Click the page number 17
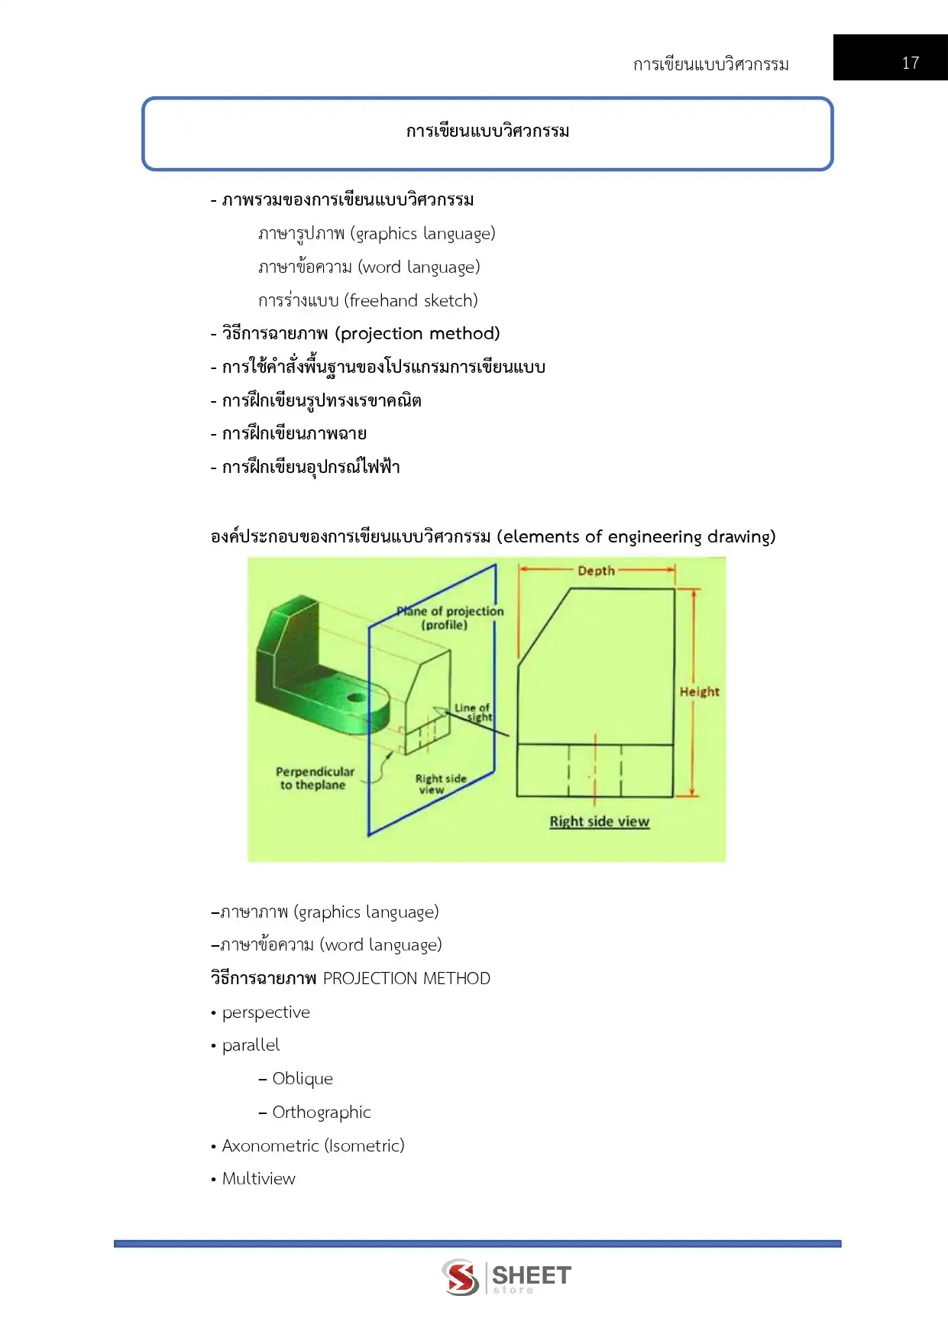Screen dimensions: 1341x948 point(910,63)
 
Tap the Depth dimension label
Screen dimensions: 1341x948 point(596,570)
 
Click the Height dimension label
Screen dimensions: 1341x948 point(699,692)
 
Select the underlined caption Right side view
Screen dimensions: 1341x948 point(599,821)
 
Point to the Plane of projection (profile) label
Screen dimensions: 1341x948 point(451,617)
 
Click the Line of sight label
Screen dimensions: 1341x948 point(473,712)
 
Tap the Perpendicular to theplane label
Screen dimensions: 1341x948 point(315,778)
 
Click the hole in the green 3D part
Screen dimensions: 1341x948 point(355,698)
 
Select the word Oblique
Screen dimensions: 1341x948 point(303,1078)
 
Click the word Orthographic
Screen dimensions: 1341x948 point(322,1112)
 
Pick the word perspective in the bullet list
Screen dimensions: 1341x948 point(266,1012)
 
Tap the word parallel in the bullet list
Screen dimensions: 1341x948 point(251,1045)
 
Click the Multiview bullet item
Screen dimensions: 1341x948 point(258,1178)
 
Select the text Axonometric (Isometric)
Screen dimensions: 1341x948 point(313,1145)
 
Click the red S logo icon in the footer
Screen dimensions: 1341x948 point(461,1277)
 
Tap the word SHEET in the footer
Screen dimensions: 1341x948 point(532,1275)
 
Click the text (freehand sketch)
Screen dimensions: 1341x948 point(411,300)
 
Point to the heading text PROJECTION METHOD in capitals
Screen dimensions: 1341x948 point(406,978)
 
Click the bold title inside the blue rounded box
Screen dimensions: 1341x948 point(487,131)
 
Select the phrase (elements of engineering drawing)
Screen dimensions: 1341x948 point(636,536)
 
